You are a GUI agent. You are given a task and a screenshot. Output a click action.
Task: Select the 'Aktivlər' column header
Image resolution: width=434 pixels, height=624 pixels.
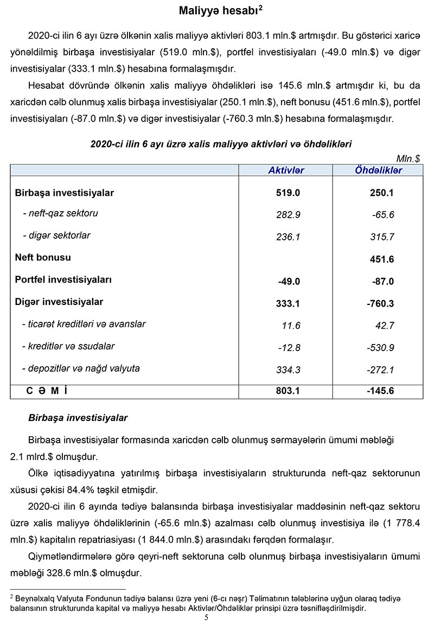286,170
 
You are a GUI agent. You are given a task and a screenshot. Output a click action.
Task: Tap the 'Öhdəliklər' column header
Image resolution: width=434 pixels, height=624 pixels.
378,170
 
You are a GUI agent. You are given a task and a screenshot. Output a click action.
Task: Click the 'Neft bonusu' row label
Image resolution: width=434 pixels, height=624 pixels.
43,257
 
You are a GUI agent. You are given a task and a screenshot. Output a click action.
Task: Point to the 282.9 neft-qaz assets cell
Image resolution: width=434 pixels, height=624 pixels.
288,215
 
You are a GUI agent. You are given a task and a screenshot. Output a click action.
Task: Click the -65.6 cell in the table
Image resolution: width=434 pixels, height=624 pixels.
382,215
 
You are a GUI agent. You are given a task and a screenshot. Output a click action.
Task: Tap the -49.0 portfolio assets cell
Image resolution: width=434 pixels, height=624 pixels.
288,282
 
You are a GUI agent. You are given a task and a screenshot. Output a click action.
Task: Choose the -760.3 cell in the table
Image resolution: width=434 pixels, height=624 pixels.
380,303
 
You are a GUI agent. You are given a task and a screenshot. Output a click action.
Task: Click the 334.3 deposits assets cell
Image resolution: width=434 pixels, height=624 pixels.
288,370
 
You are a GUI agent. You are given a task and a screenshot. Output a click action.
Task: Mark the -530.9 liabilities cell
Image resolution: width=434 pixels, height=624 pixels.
380,348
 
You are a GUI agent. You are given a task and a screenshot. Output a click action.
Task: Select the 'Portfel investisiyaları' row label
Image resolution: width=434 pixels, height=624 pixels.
63,279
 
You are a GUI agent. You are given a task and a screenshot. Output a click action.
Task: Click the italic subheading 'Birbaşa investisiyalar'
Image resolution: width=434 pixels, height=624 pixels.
78,418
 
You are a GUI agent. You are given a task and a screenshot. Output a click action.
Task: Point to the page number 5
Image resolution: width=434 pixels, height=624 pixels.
206,617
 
